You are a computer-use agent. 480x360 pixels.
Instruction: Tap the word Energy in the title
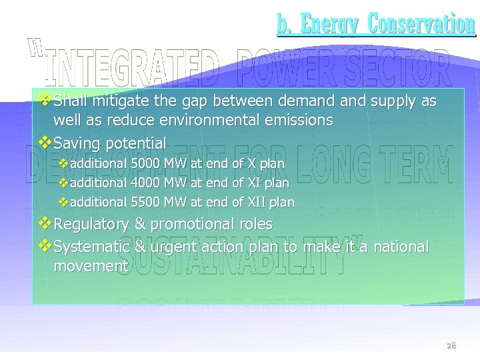click(x=330, y=24)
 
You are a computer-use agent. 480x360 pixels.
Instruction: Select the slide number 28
click(x=451, y=346)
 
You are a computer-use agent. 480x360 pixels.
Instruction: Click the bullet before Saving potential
click(x=45, y=142)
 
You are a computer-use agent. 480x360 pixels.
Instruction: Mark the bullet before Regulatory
click(x=45, y=223)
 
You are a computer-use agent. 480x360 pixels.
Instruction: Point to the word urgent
click(x=170, y=247)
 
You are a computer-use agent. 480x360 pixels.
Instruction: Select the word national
click(x=401, y=247)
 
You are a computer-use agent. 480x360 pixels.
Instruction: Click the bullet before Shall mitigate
click(x=45, y=101)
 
